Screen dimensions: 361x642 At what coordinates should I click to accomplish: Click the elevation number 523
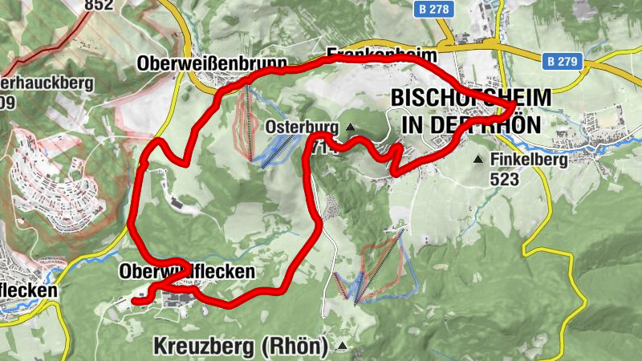pyautogui.click(x=504, y=179)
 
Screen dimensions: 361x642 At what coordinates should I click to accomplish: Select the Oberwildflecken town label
pyautogui.click(x=187, y=272)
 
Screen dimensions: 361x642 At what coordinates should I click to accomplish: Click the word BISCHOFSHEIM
pyautogui.click(x=471, y=98)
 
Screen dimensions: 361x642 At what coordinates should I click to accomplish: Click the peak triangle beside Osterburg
pyautogui.click(x=349, y=128)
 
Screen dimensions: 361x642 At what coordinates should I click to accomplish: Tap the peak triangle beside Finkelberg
pyautogui.click(x=479, y=160)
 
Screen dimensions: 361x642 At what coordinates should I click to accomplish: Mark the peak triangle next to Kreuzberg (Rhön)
pyautogui.click(x=343, y=346)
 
